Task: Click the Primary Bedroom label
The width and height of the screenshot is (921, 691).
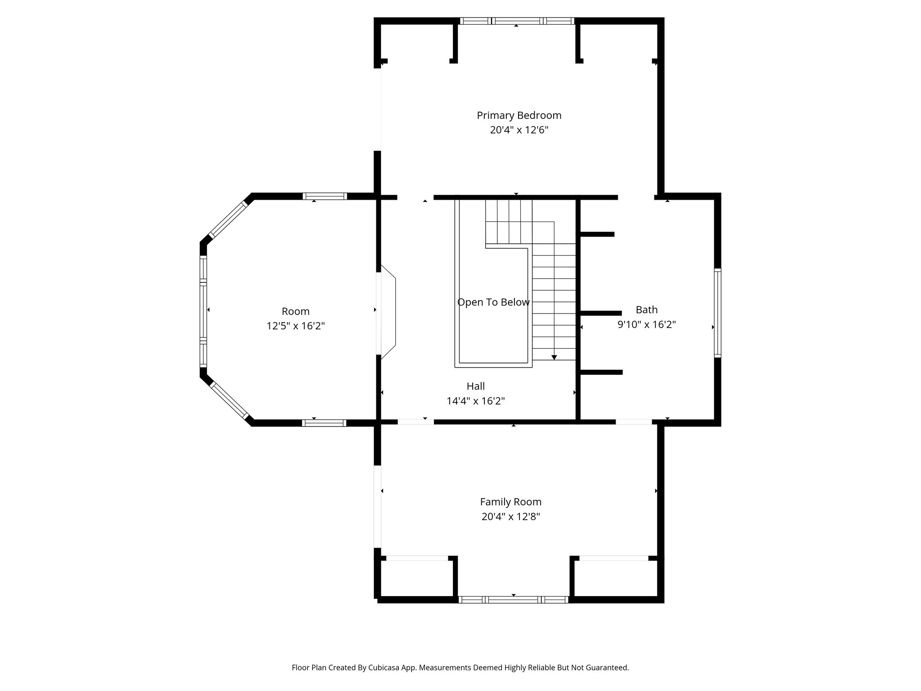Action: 519,116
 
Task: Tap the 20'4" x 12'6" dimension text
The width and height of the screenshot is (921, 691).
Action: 519,130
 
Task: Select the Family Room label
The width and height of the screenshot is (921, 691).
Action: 510,502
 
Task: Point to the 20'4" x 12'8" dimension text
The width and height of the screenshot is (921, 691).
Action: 510,516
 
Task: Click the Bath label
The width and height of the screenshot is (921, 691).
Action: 647,310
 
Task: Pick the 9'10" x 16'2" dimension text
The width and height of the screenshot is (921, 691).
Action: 647,324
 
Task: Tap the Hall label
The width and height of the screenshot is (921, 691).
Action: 475,386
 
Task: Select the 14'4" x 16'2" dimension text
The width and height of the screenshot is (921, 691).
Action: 475,401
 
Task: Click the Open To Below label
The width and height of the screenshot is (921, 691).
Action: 493,302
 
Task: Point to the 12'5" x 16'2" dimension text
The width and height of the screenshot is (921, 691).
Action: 295,326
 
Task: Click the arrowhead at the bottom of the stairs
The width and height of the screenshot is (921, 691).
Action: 554,357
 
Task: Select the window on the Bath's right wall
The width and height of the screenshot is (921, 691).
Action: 717,313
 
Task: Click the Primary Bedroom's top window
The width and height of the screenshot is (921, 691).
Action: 517,21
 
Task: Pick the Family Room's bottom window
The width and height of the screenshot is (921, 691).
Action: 513,599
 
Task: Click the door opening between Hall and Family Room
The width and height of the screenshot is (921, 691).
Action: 416,422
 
